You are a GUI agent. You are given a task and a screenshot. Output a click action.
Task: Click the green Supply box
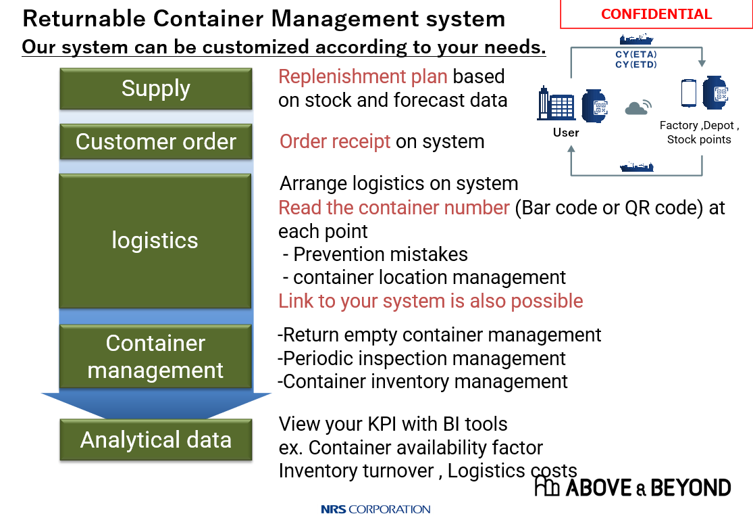click(x=156, y=89)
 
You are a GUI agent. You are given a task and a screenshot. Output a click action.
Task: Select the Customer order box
click(x=156, y=142)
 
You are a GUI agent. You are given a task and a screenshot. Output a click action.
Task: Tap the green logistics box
click(x=155, y=241)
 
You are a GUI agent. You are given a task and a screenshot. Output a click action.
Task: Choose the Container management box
click(x=155, y=356)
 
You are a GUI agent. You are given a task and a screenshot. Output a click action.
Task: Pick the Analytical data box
click(x=156, y=440)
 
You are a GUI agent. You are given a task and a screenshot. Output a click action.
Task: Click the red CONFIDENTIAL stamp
click(x=656, y=14)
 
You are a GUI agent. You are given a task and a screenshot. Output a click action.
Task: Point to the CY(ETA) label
click(x=636, y=55)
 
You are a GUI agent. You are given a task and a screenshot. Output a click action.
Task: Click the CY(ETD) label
click(x=636, y=65)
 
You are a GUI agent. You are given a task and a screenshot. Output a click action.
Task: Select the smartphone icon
click(x=688, y=93)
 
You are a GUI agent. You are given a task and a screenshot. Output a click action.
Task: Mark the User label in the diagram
click(x=566, y=133)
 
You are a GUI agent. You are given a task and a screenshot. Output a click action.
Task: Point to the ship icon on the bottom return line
click(x=636, y=166)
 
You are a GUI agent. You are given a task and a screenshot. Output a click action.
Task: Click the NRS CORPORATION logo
click(x=375, y=509)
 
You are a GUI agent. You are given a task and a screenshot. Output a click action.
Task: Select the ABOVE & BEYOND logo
click(x=632, y=487)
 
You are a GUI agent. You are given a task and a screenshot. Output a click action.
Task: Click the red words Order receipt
click(x=335, y=141)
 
